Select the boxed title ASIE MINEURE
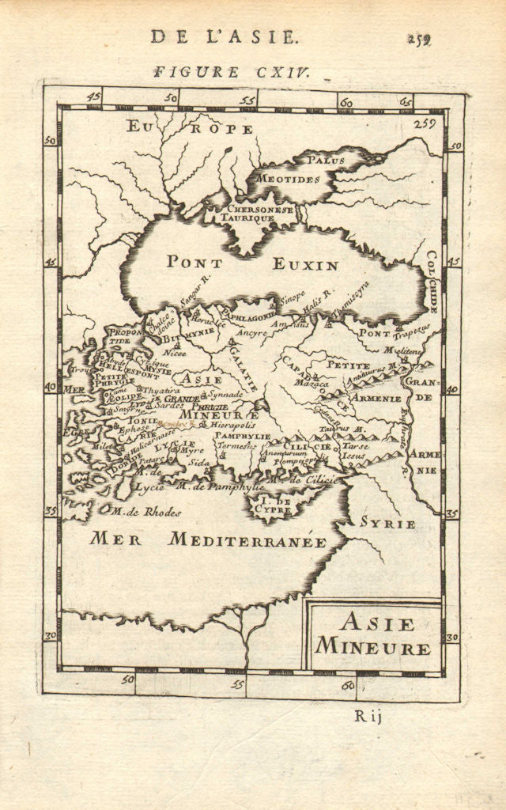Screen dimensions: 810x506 (x=374, y=635)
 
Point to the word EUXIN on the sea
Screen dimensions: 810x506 (x=305, y=265)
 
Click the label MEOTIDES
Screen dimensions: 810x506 (x=288, y=179)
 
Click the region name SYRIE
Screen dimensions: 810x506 (x=387, y=524)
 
